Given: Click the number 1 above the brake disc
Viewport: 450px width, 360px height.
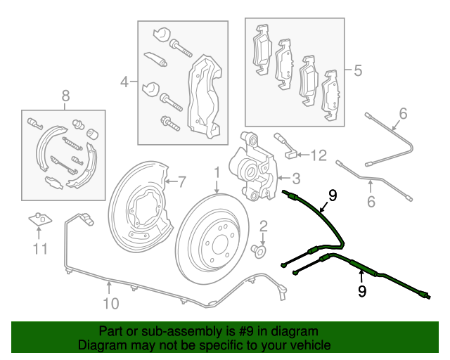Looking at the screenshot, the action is (217, 173).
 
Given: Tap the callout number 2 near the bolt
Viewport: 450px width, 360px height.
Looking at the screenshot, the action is (264, 226).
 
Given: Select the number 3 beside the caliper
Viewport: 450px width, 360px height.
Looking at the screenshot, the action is (296, 179).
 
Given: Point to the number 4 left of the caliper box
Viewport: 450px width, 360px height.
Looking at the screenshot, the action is (124, 82).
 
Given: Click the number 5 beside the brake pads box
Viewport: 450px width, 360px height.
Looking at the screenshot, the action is (358, 70).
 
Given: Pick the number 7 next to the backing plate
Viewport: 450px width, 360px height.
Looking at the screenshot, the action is (181, 181).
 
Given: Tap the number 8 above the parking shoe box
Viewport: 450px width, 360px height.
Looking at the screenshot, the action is (65, 96).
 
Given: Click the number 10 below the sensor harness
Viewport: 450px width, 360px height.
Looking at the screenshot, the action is (111, 304).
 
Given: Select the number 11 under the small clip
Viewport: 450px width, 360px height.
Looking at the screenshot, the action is (40, 249).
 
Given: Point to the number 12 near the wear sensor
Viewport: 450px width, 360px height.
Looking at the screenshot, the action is (319, 155).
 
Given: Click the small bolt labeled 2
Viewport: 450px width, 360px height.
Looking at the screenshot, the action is (258, 252).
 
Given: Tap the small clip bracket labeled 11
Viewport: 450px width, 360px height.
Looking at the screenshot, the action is (41, 219).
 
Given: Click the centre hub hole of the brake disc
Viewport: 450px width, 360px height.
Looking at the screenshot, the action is (220, 245).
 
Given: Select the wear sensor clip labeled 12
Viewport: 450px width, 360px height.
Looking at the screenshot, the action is (287, 146).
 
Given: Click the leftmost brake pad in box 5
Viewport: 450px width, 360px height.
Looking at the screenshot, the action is (262, 50).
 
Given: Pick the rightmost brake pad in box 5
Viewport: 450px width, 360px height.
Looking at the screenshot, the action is (330, 96).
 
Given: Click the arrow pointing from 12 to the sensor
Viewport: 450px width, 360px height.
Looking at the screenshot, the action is (303, 155).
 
